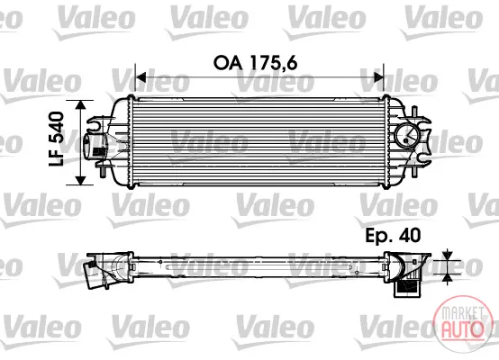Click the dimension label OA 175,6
click(255, 63)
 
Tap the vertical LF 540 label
click(57, 139)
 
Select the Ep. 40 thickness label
click(393, 236)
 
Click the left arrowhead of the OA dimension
click(141, 77)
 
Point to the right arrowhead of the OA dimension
click(378, 77)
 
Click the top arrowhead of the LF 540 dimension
click(81, 105)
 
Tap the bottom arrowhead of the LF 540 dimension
click(81, 180)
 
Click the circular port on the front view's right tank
click(406, 135)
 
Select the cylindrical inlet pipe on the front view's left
click(95, 146)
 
